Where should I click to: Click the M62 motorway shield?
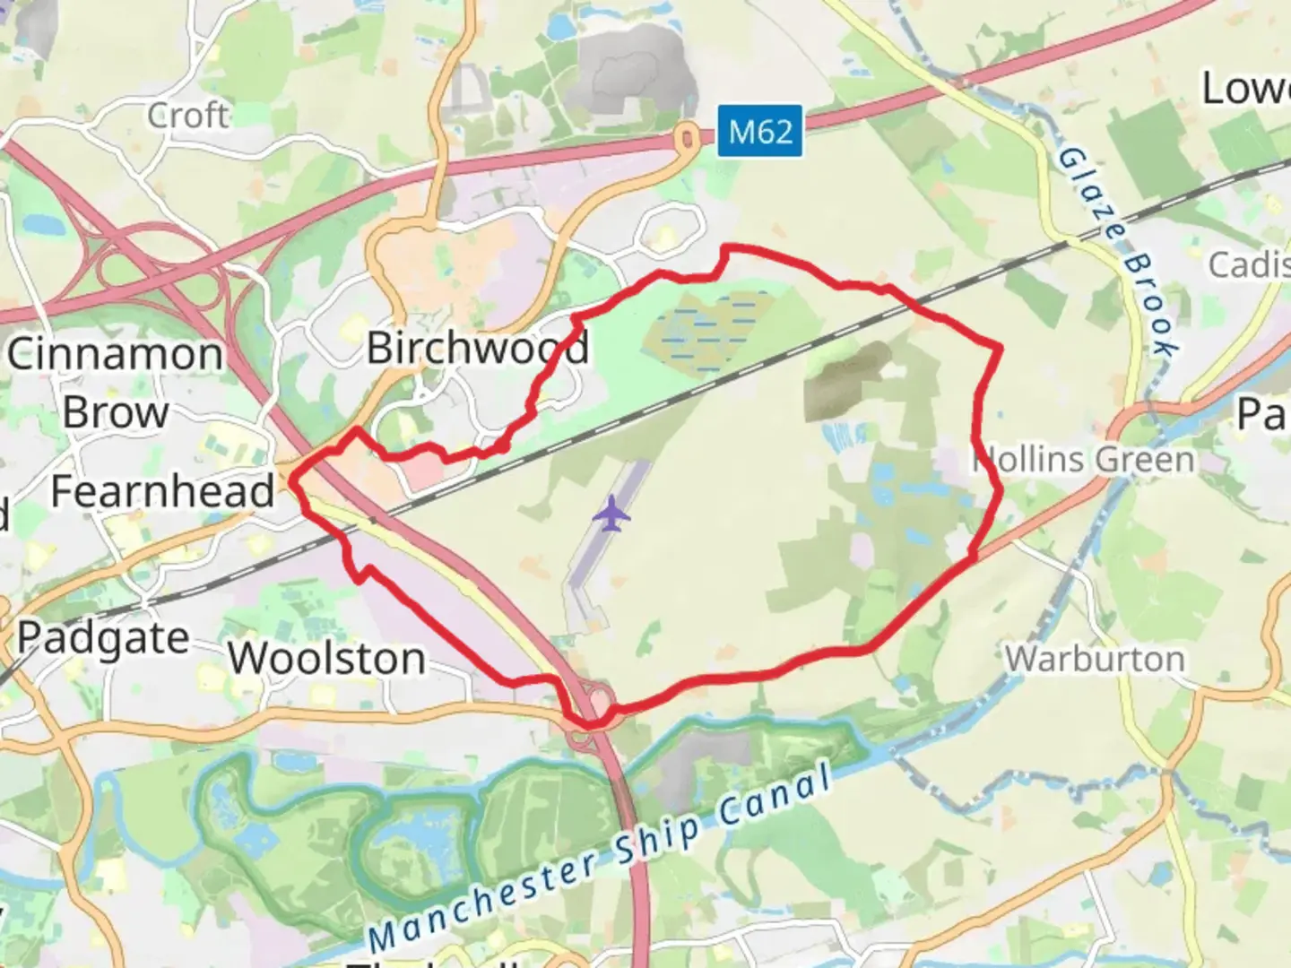point(758,132)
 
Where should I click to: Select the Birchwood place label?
point(478,347)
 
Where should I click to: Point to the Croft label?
point(188,115)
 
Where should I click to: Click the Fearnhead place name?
point(162,491)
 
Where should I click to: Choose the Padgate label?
point(103,639)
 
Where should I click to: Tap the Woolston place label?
point(326,659)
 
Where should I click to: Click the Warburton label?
point(1095,659)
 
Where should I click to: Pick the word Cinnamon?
point(115,354)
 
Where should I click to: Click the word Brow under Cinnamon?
point(116,412)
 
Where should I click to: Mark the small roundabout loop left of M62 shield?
point(688,139)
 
